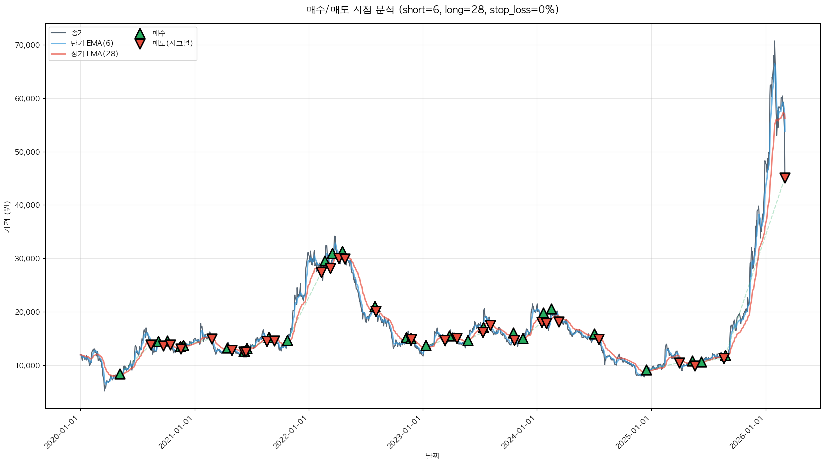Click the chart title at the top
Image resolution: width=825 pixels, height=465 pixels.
(432, 10)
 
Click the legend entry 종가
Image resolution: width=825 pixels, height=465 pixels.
(78, 33)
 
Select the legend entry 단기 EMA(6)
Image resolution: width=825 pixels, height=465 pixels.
(92, 43)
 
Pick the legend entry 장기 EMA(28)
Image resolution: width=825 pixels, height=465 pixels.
(94, 54)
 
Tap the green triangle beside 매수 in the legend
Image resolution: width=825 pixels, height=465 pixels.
(140, 34)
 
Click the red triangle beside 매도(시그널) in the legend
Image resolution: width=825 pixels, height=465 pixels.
(140, 44)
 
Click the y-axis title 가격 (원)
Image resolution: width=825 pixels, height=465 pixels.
(7, 217)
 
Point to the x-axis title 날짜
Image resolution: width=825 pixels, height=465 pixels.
(432, 456)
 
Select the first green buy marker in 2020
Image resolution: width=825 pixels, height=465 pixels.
(120, 374)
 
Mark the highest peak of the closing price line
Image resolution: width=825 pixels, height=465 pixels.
(774, 41)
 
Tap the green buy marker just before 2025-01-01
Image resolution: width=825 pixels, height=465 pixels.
(646, 370)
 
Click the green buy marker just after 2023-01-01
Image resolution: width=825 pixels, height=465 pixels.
(426, 346)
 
